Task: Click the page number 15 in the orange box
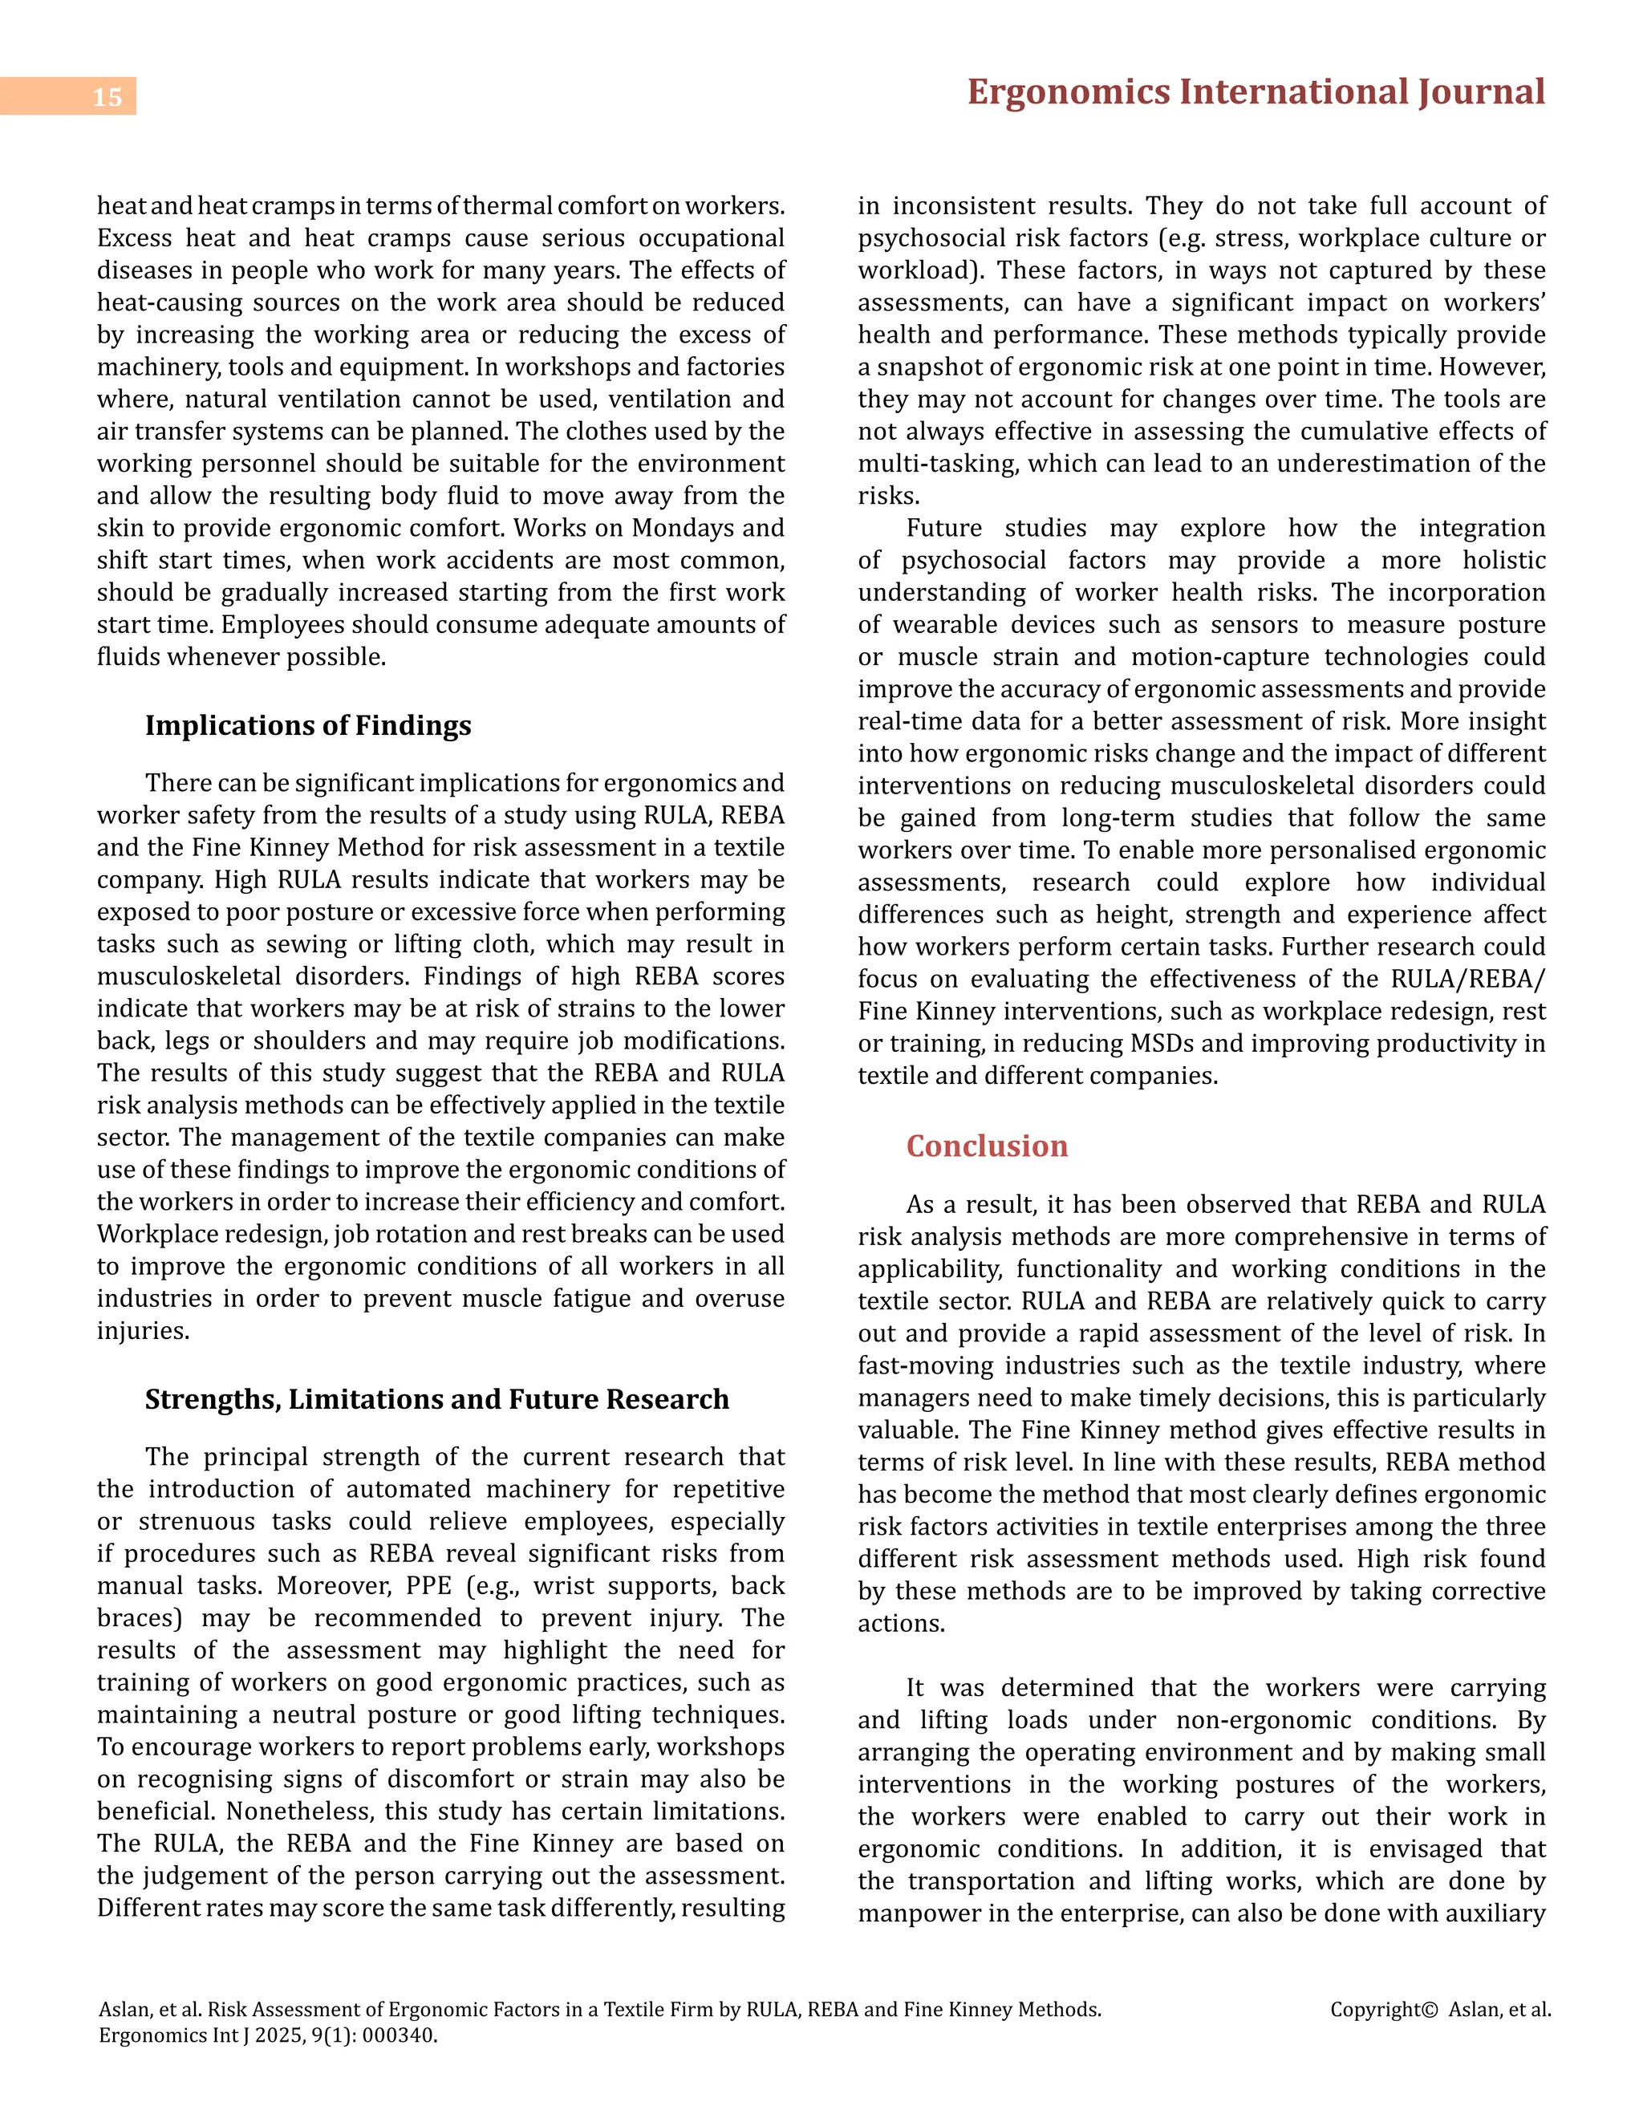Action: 107,97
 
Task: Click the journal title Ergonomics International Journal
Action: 1256,92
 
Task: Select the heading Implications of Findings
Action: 307,725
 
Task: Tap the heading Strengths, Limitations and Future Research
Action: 437,1399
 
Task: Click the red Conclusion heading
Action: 986,1146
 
